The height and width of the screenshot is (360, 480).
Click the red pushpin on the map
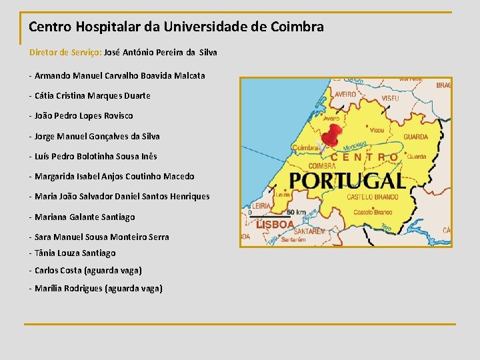click(330, 136)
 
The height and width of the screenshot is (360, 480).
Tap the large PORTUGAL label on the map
click(347, 181)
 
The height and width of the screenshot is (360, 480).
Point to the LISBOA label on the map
click(275, 225)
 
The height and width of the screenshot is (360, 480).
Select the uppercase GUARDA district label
click(415, 137)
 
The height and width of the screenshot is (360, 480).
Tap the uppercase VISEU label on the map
click(391, 98)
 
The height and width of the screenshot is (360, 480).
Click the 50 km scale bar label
click(296, 212)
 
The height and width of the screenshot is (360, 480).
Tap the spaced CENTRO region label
click(364, 158)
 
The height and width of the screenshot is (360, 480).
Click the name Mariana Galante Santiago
click(85, 217)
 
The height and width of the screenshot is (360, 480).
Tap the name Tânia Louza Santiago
click(75, 253)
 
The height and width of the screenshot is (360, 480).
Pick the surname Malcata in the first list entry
click(189, 75)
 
